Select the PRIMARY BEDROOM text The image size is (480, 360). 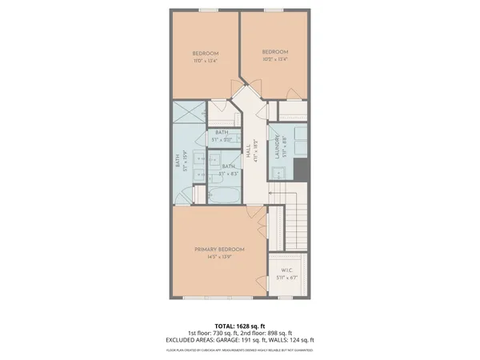coord(219,250)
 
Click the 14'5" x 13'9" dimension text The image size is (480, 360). coord(219,257)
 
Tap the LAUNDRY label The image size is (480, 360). coord(278,147)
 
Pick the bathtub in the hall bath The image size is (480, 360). coord(224,194)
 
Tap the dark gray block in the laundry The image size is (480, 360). coord(302,170)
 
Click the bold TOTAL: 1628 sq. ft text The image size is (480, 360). coord(240,325)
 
